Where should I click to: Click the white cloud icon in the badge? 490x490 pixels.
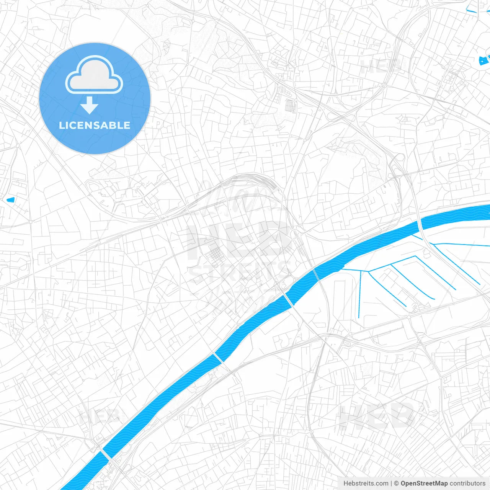tap(94, 75)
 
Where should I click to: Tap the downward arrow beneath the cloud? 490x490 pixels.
tap(89, 105)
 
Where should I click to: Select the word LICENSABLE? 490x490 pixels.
tap(95, 125)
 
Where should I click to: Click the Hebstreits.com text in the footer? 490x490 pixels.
tap(366, 483)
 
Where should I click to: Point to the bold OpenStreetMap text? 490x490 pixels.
tap(424, 483)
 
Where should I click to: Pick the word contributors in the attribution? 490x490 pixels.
tap(467, 483)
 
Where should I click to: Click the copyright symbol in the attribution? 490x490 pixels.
tap(397, 483)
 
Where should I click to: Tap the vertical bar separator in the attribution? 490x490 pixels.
tap(392, 483)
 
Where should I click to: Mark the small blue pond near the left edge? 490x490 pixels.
tap(10, 199)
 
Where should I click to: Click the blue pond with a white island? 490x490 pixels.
tap(484, 60)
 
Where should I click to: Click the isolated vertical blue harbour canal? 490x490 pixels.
tap(360, 295)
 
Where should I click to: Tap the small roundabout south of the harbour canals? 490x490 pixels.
tap(408, 317)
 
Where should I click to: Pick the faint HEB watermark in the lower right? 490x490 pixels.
tap(377, 415)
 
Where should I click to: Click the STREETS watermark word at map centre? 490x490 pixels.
tap(239, 272)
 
